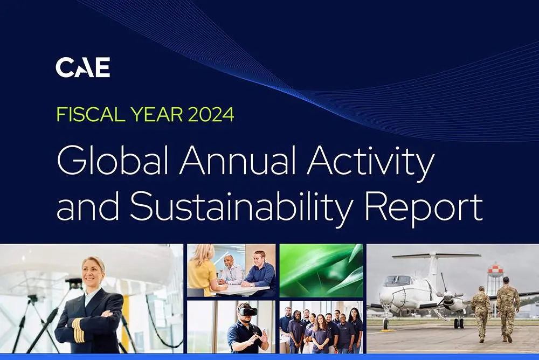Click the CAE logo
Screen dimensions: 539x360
pos(83,67)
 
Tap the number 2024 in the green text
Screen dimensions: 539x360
pos(211,114)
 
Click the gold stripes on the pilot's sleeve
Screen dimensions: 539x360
pos(78,330)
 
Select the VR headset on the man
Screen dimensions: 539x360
pos(247,311)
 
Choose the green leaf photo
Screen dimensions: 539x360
pos(321,271)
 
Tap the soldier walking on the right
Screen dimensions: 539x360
pos(508,308)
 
